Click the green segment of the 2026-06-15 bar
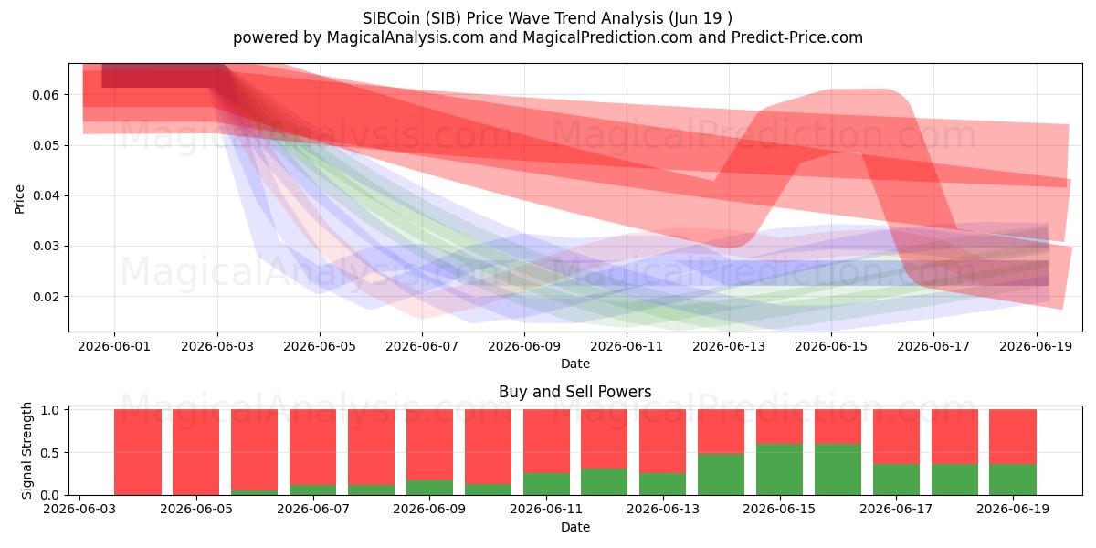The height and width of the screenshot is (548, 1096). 779,469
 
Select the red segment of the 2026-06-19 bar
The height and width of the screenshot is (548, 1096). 1013,437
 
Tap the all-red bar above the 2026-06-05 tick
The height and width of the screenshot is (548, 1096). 195,452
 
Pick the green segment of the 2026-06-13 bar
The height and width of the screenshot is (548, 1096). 662,484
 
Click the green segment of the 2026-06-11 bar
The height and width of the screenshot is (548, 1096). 546,484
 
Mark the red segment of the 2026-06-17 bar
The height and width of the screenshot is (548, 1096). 896,437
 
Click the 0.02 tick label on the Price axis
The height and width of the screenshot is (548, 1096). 46,297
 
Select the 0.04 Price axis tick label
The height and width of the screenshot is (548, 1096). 46,196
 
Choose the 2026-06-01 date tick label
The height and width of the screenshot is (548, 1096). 114,346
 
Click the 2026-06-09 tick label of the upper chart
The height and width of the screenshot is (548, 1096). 524,346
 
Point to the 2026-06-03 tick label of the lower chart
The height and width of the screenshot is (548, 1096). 79,510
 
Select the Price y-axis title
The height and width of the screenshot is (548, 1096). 19,199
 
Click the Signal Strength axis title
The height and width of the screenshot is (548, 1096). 26,450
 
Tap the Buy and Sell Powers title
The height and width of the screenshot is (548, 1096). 574,392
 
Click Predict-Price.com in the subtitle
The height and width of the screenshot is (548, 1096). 797,37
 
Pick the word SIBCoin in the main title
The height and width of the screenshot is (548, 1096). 391,18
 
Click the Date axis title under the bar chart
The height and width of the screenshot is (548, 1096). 574,527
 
